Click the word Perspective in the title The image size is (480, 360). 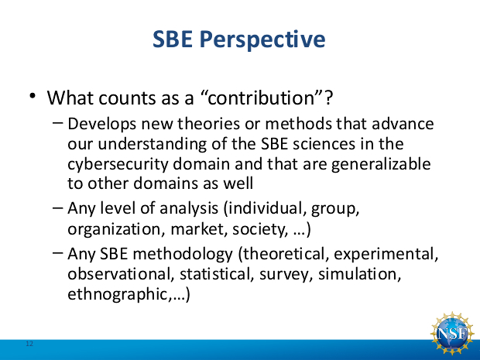(262, 40)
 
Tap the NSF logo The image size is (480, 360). (452, 334)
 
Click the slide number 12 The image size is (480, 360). (29, 344)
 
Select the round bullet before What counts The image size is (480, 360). (33, 95)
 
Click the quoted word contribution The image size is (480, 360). (262, 98)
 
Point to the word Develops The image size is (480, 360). (101, 125)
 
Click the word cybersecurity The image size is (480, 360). (118, 165)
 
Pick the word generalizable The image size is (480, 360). (381, 165)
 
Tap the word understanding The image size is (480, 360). (153, 145)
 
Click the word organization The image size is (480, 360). (114, 230)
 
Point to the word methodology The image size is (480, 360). (183, 255)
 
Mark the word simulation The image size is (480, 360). (360, 274)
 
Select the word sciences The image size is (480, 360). (324, 145)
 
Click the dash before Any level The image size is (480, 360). (58, 208)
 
